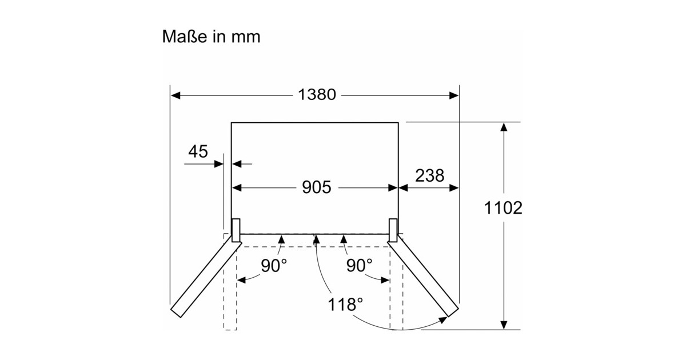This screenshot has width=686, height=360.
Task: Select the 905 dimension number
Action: [316, 187]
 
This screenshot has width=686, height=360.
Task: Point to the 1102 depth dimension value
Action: [503, 208]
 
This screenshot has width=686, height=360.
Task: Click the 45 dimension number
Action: [197, 151]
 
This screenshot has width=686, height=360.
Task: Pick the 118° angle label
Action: [346, 303]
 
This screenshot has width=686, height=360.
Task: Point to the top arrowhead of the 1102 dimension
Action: [503, 127]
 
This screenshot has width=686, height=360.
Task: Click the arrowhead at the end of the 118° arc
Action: [442, 322]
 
